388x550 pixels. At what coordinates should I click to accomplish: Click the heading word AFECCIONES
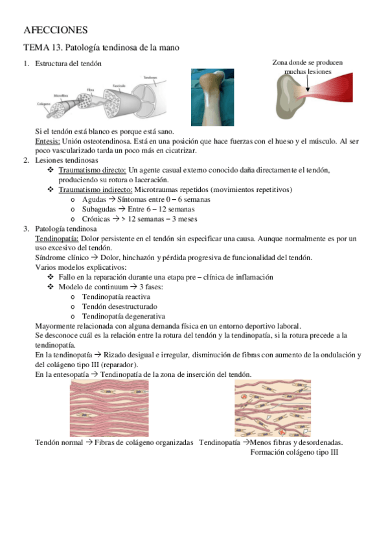point(55,30)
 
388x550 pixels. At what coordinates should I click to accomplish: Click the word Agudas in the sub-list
point(95,200)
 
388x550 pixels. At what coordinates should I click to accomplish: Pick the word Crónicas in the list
point(97,219)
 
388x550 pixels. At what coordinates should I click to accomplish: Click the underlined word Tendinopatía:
point(57,239)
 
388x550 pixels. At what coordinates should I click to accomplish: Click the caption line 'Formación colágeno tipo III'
point(294,452)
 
